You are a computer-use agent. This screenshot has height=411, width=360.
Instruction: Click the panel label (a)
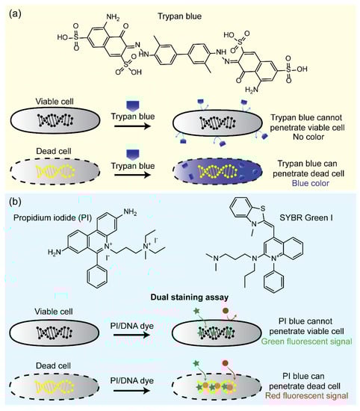tap(13, 10)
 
